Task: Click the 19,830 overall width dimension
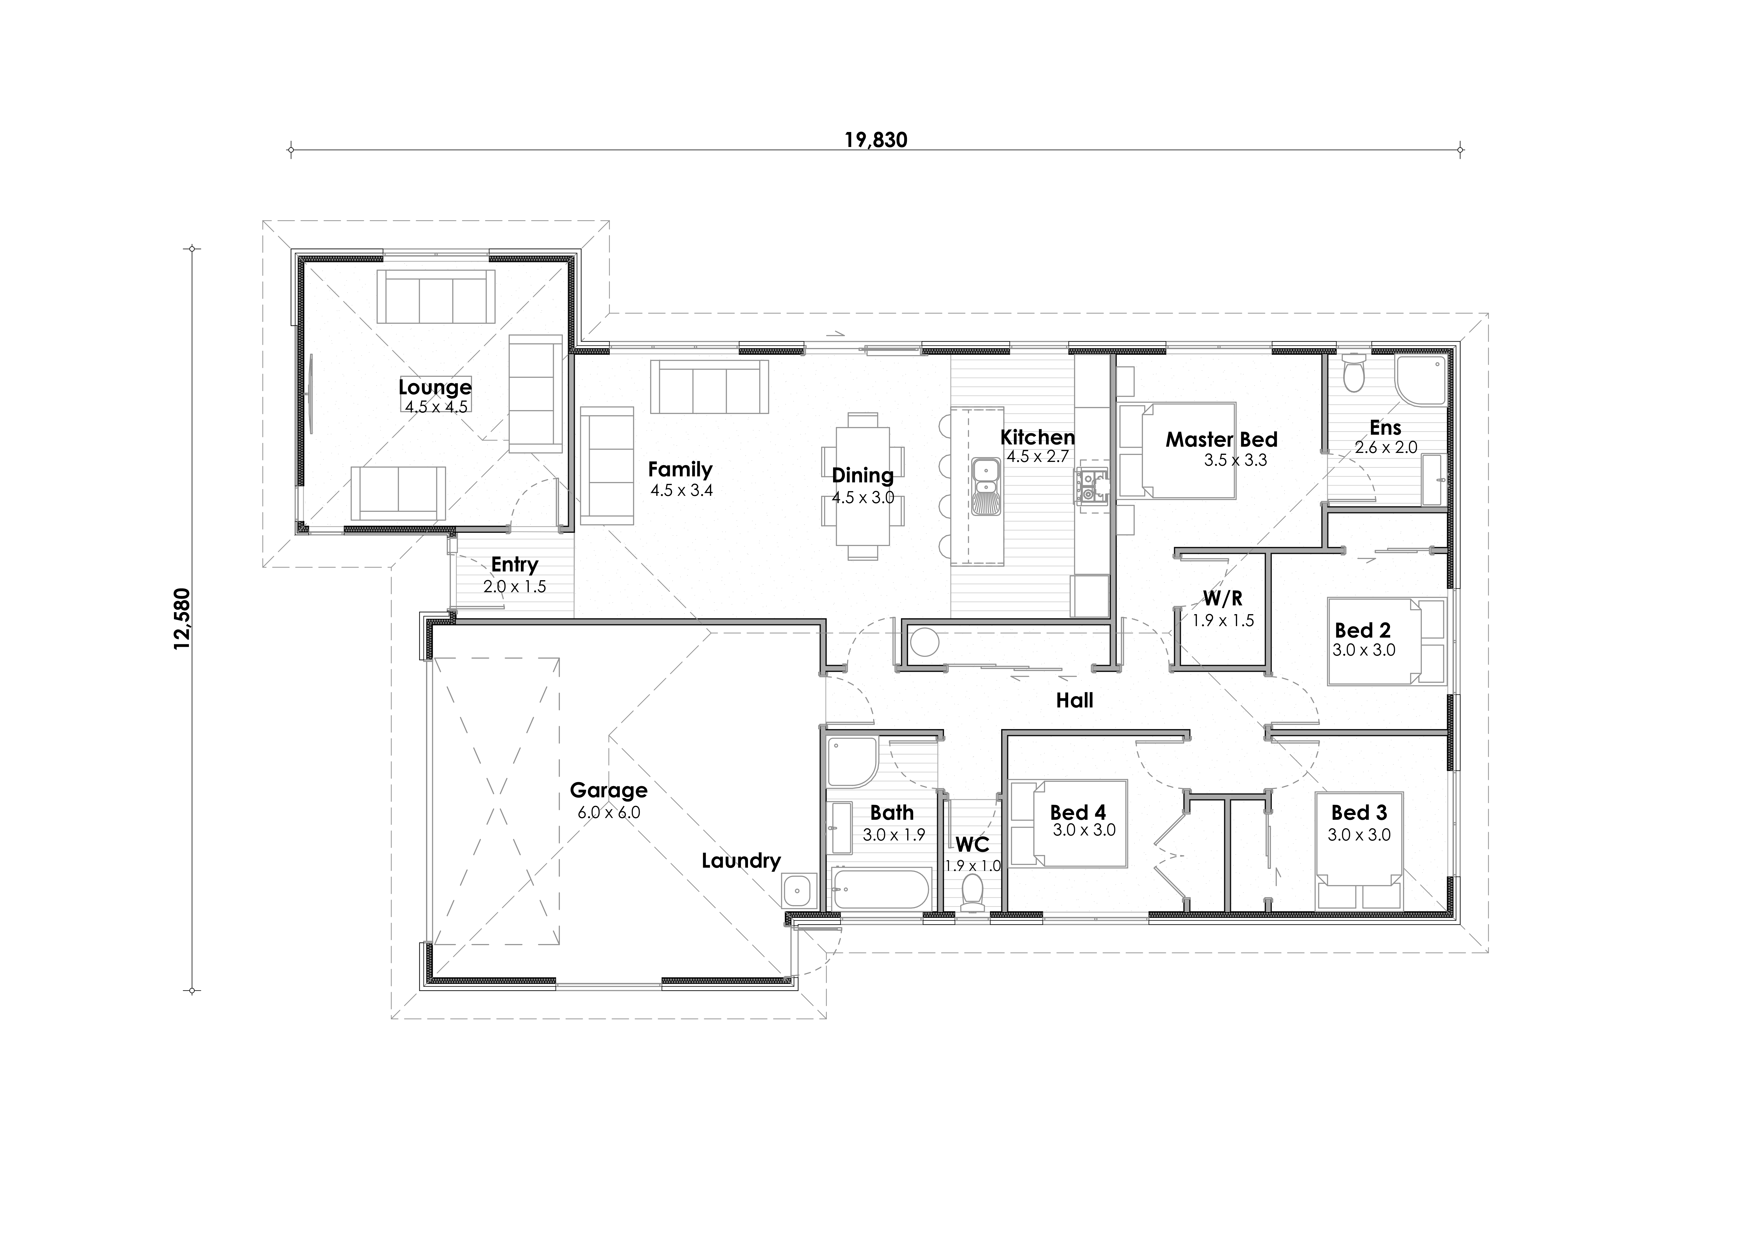tap(875, 140)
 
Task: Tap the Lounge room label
tap(435, 387)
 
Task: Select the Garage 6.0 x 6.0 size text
tap(608, 812)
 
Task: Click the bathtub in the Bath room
tap(881, 889)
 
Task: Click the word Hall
tap(1075, 700)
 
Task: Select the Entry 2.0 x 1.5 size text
tap(515, 587)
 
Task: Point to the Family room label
tap(680, 469)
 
